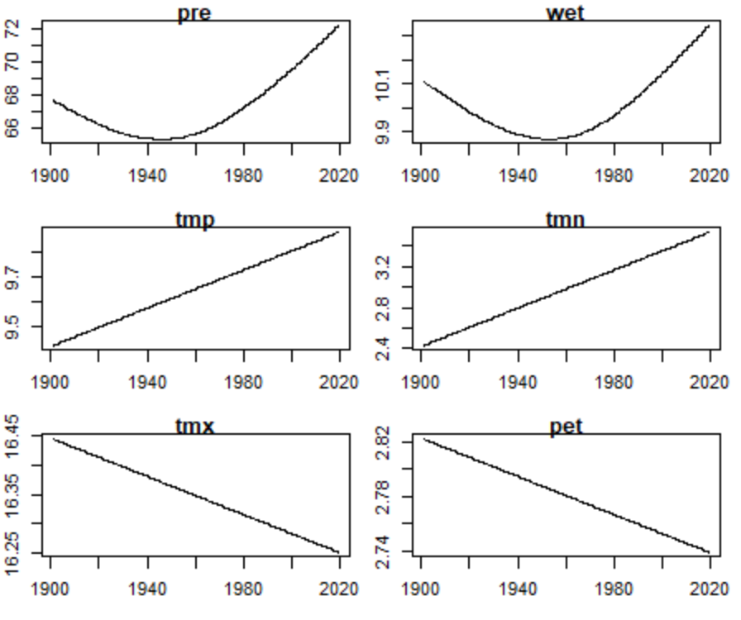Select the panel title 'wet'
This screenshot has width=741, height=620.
point(566,12)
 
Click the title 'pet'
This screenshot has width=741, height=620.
point(566,427)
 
